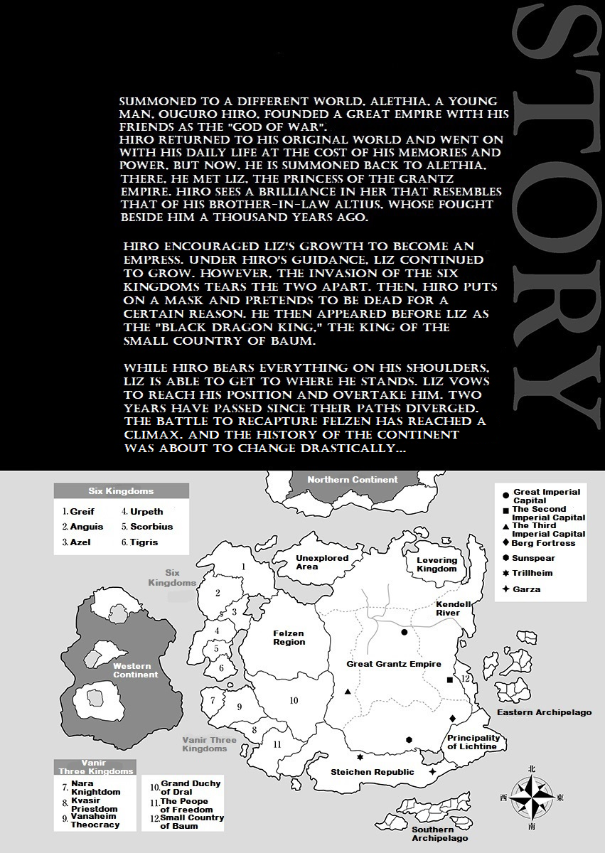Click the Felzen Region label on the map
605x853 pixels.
click(x=289, y=638)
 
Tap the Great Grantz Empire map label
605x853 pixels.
click(x=393, y=664)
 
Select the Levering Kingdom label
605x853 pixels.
click(x=437, y=564)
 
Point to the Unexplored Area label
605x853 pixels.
click(x=322, y=562)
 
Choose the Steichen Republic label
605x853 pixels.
click(x=373, y=772)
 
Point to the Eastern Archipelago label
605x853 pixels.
click(x=544, y=712)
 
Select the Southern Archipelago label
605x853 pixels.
click(x=433, y=834)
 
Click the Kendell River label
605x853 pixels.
click(x=454, y=608)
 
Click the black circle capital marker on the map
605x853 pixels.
click(x=404, y=632)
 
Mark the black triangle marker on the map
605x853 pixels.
click(x=348, y=692)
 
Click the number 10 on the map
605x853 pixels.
click(x=294, y=701)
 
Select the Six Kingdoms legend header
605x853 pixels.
click(x=121, y=491)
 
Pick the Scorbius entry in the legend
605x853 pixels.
click(x=151, y=527)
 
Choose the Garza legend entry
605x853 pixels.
click(x=526, y=589)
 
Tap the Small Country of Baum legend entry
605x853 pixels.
click(x=187, y=822)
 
